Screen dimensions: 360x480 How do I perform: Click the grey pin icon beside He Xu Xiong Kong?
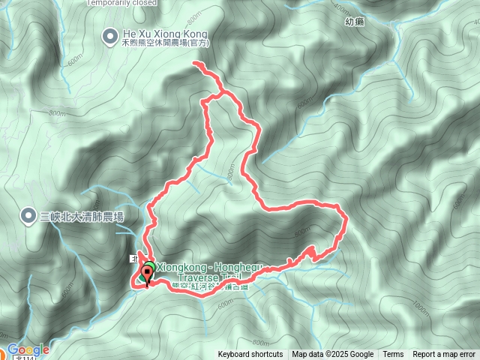(x=109, y=34)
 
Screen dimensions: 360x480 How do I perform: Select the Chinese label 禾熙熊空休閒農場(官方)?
(x=164, y=44)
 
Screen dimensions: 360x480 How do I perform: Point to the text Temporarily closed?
(x=121, y=2)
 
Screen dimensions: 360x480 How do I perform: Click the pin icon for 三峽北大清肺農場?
(x=28, y=217)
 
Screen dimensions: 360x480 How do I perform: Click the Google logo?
(x=28, y=349)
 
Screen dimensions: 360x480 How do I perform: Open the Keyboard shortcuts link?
(x=250, y=355)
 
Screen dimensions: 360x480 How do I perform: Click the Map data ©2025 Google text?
(x=333, y=355)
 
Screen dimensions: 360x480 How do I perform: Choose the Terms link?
(x=393, y=355)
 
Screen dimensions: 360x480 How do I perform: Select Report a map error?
(x=444, y=355)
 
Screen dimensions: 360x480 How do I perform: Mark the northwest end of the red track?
(x=195, y=65)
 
